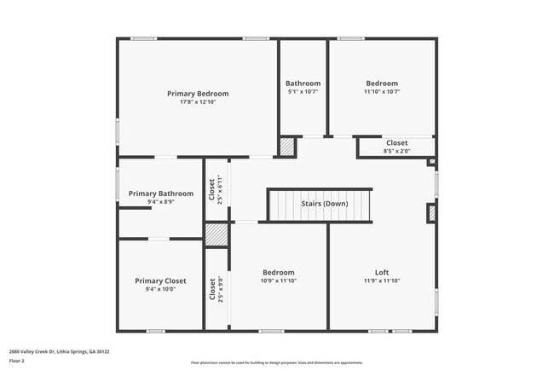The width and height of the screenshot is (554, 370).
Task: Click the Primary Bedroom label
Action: coord(198,94)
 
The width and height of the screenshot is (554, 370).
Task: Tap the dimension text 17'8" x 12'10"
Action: coord(198,102)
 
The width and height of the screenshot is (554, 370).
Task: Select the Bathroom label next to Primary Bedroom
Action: coord(303,84)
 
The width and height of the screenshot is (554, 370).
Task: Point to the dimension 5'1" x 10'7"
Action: coord(303,92)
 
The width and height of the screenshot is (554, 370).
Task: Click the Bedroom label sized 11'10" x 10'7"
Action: coord(381,84)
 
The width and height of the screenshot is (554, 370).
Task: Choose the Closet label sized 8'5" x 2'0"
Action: coord(396,143)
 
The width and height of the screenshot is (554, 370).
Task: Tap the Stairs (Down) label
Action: coord(324,204)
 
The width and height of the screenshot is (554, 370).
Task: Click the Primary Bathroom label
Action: coord(161,194)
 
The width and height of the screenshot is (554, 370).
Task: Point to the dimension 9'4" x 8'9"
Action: coord(161,202)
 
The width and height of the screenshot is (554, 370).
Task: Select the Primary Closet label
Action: coord(160,280)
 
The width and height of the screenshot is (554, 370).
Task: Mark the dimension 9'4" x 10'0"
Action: coord(160,289)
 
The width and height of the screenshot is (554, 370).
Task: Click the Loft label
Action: coord(381,272)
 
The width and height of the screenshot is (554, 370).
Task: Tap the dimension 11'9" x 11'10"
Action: coord(381,280)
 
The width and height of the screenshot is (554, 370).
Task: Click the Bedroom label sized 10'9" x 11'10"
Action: coord(279,272)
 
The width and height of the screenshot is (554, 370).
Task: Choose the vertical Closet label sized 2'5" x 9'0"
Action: coord(211,289)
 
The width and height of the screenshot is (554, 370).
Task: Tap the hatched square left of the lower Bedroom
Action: coord(216,234)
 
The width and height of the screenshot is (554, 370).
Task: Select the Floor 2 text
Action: coord(18,361)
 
